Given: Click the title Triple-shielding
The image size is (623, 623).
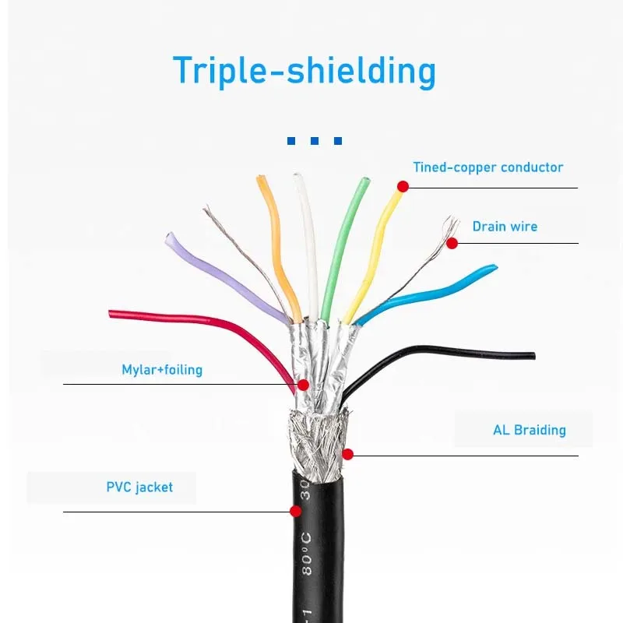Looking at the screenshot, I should pos(304,70).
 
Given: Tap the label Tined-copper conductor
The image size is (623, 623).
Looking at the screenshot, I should pos(487,167).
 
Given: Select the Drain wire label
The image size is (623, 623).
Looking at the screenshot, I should pos(505,227).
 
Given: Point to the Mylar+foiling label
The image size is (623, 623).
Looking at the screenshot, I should pos(162,369).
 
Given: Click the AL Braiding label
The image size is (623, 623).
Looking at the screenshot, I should pos(529,430).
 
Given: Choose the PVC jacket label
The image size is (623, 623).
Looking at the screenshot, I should pos(139,487).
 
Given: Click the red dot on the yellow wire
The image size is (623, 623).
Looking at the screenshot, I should pos(403,186).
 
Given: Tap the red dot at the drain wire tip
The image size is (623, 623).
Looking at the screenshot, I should pos(452,243).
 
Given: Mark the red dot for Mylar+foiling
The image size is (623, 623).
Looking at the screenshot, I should pos(303,385).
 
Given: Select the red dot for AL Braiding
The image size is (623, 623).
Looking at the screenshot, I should pos(347,454).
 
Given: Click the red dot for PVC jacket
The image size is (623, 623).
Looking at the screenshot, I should pos(295,511).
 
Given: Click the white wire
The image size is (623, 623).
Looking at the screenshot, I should pos(306,241).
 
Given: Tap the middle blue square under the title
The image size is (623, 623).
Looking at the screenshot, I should pos(314,141).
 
